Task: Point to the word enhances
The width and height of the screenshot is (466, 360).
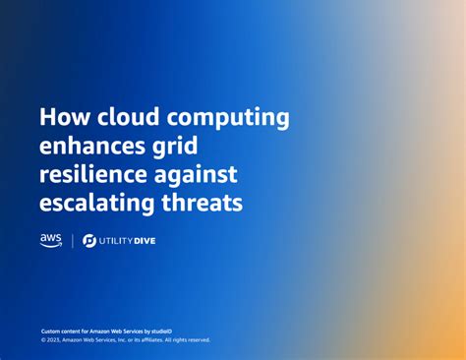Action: tap(94, 148)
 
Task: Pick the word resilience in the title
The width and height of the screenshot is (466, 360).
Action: tap(98, 176)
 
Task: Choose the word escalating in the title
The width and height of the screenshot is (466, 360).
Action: tap(100, 205)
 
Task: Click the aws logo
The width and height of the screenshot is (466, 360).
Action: tap(51, 240)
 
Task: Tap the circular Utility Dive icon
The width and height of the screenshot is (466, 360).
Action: tap(89, 241)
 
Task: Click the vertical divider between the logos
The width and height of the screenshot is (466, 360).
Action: tap(72, 241)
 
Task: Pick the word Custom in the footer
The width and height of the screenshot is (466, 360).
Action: tap(50, 331)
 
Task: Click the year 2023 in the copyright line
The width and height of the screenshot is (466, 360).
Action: tap(55, 340)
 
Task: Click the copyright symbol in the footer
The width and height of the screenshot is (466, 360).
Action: tap(43, 340)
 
